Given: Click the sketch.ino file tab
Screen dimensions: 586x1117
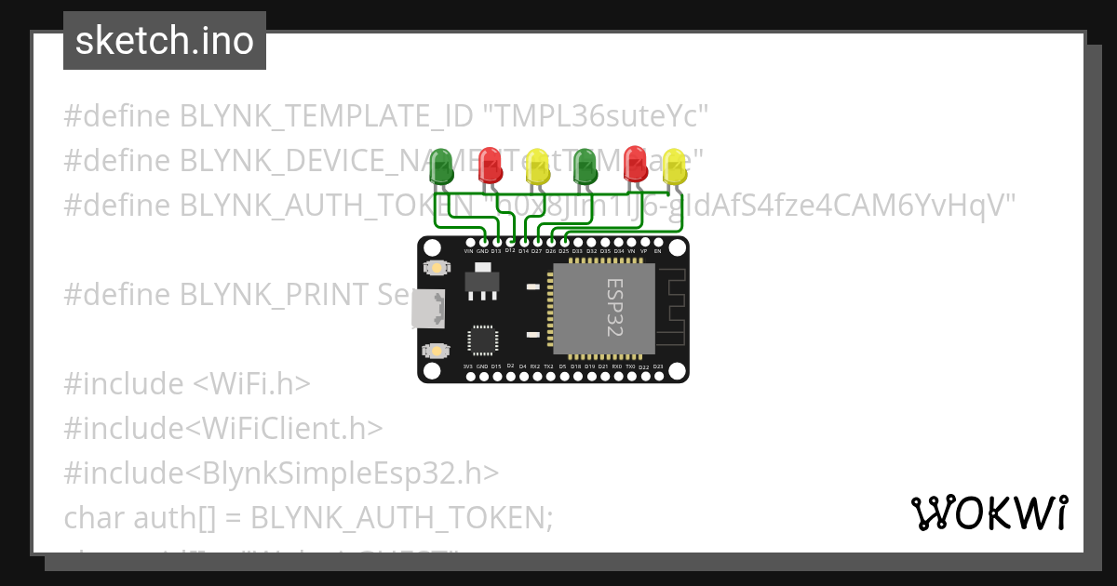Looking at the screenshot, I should click(165, 41).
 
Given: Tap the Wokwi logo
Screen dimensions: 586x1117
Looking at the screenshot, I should click(989, 513).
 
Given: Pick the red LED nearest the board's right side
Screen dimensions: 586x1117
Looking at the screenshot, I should click(636, 163).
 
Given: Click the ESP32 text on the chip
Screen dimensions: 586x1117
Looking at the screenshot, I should click(614, 308).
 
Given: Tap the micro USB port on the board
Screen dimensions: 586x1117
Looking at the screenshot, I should click(428, 309).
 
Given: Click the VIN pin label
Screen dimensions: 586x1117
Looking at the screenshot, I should click(468, 251).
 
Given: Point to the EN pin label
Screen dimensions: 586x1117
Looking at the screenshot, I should click(657, 251).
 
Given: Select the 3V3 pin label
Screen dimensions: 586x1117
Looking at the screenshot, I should click(468, 366).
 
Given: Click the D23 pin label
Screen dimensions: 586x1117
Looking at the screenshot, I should click(657, 366).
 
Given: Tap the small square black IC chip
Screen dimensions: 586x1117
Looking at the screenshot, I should click(482, 340).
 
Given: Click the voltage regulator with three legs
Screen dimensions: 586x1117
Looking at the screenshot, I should click(480, 281).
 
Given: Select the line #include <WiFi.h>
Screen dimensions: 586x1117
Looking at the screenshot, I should click(187, 383).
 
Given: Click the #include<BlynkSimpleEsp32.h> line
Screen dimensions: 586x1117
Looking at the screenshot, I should click(281, 473).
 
